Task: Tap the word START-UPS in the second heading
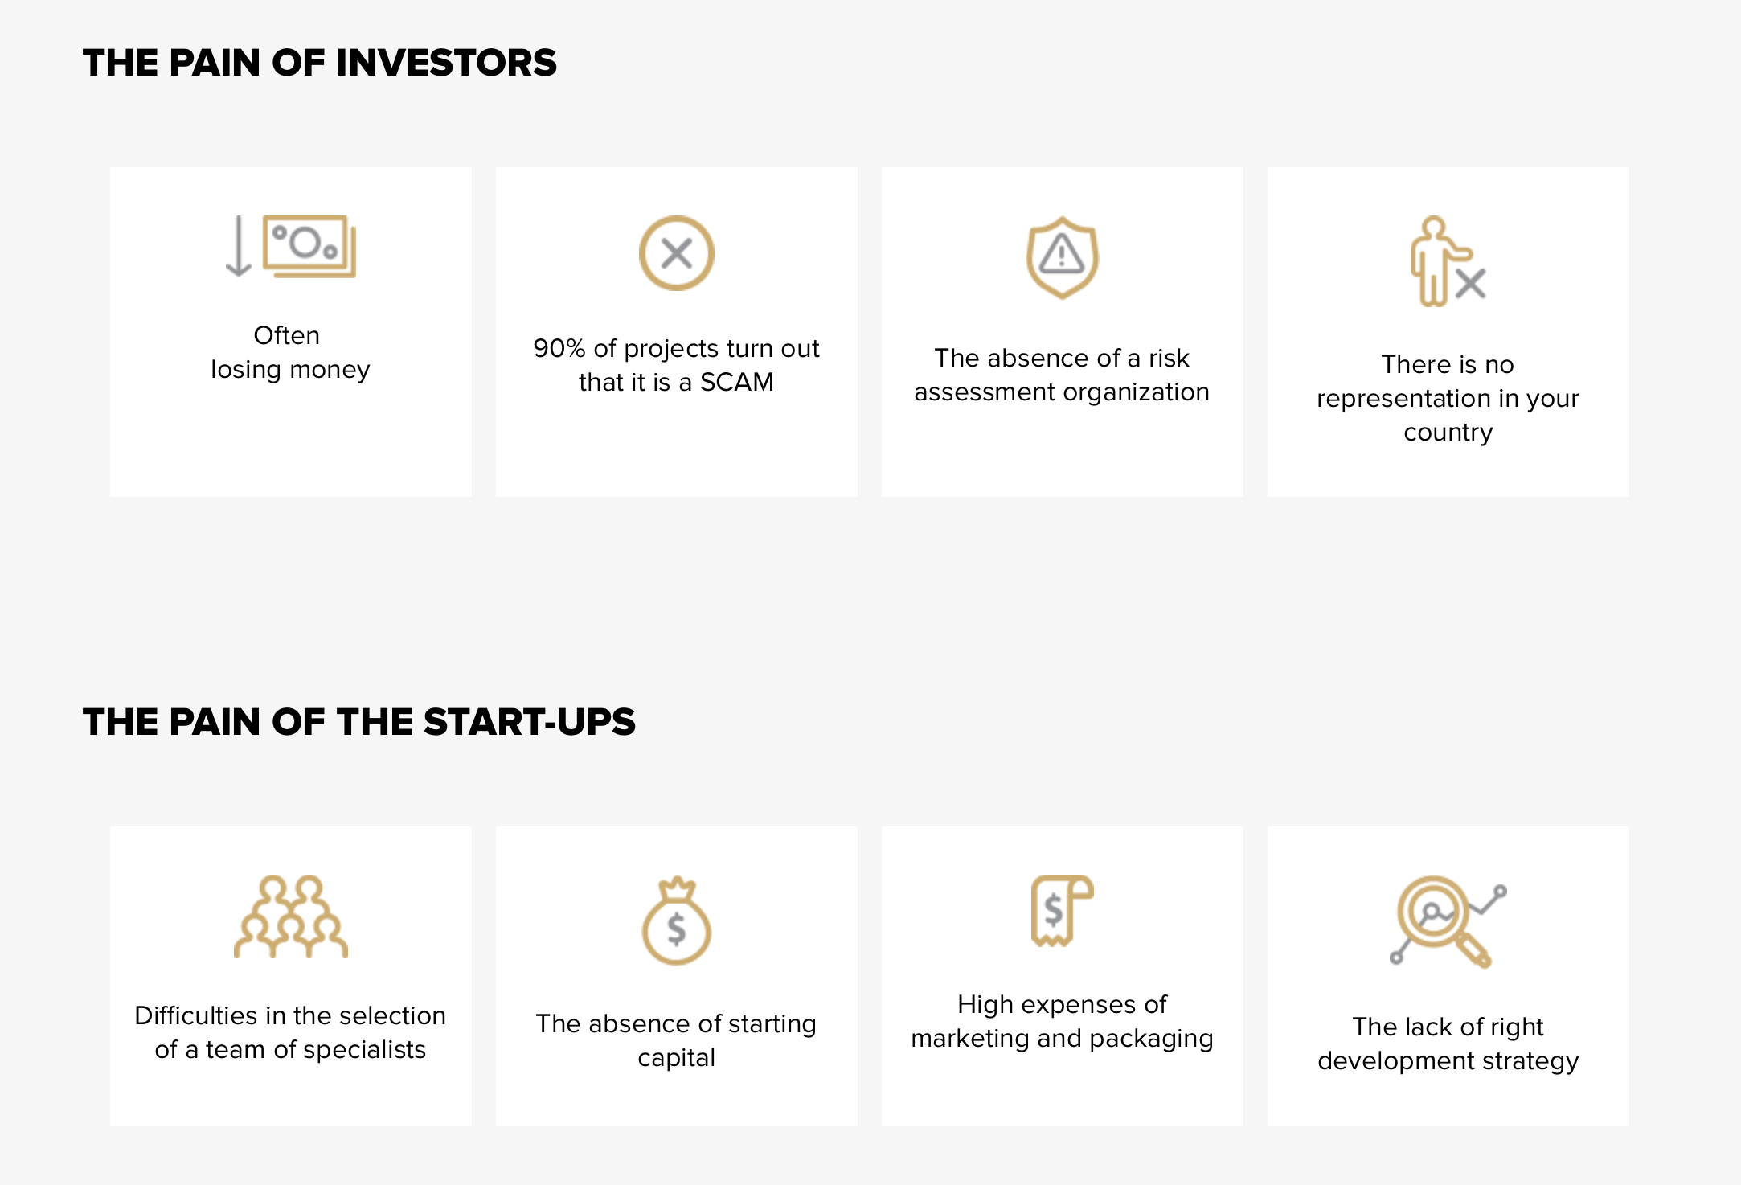point(529,722)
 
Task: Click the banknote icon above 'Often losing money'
point(310,246)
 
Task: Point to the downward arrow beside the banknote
point(239,246)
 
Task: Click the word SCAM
point(737,382)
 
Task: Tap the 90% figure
point(559,348)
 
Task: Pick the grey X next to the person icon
point(1471,284)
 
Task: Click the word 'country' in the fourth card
point(1448,433)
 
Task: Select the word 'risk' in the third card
point(1169,358)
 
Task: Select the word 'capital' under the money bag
point(677,1058)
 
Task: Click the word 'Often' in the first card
point(287,335)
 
